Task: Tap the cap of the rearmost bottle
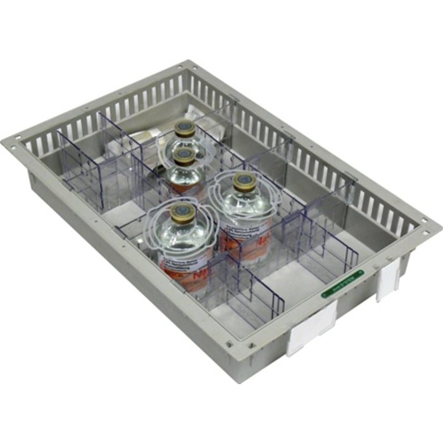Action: (x=185, y=130)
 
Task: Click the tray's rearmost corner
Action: (x=188, y=64)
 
